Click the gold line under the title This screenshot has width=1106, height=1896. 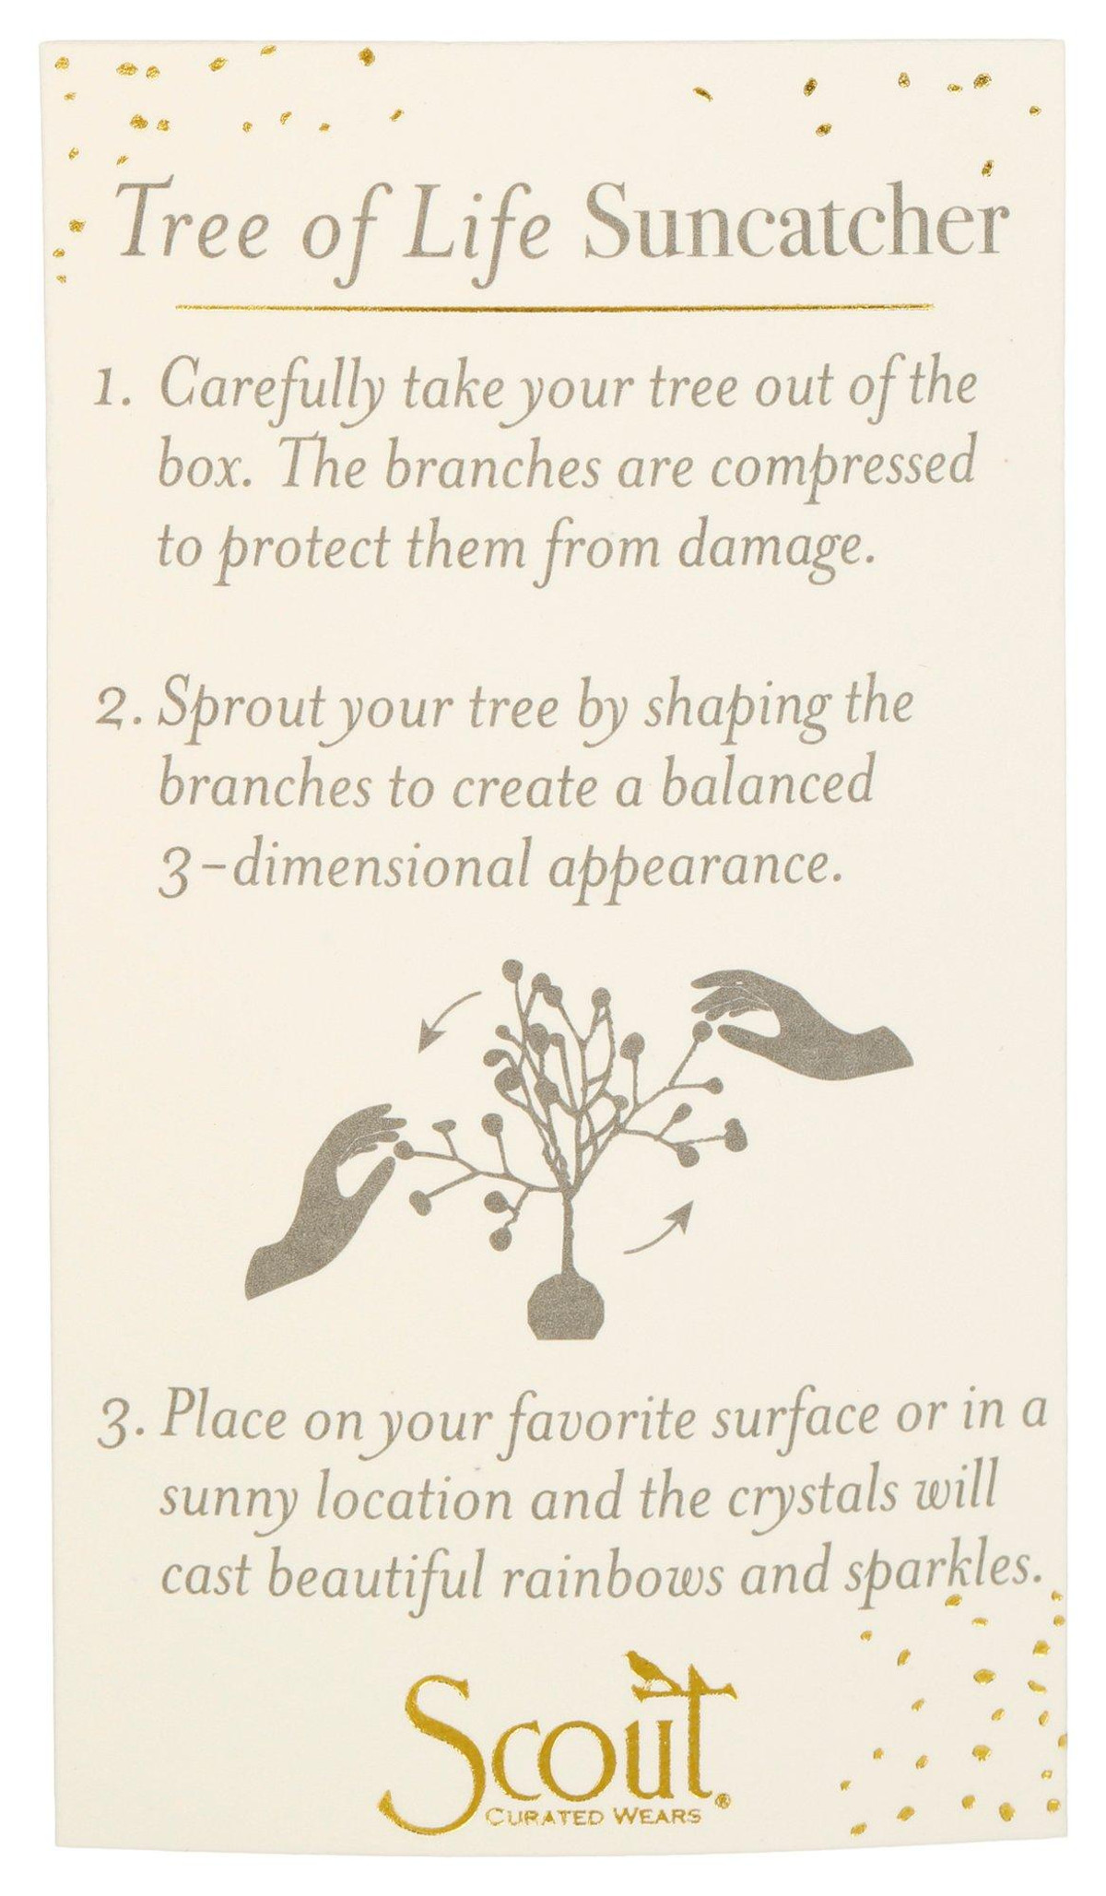(x=554, y=307)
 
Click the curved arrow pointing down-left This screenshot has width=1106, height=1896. (x=448, y=1020)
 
